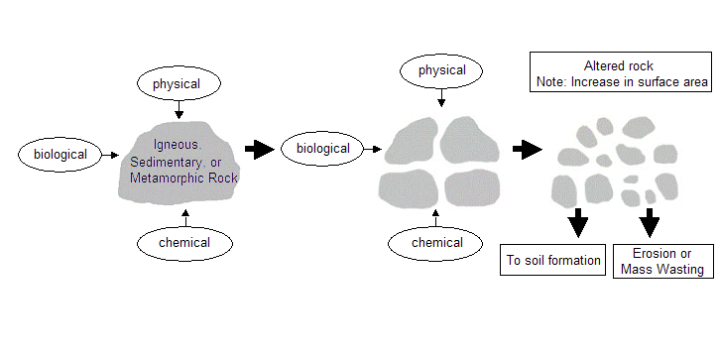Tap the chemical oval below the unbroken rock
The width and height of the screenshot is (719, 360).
(x=184, y=241)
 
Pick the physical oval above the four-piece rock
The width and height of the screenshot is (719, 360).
(x=441, y=70)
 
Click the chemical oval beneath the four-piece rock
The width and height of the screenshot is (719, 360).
(x=436, y=241)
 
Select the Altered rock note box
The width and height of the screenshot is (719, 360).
(x=619, y=74)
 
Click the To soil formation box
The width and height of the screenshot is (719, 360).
(x=553, y=261)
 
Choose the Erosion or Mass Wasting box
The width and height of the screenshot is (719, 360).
(x=661, y=261)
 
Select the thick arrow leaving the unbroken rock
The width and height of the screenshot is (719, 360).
(x=259, y=150)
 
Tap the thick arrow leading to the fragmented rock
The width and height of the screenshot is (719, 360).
(x=526, y=150)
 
